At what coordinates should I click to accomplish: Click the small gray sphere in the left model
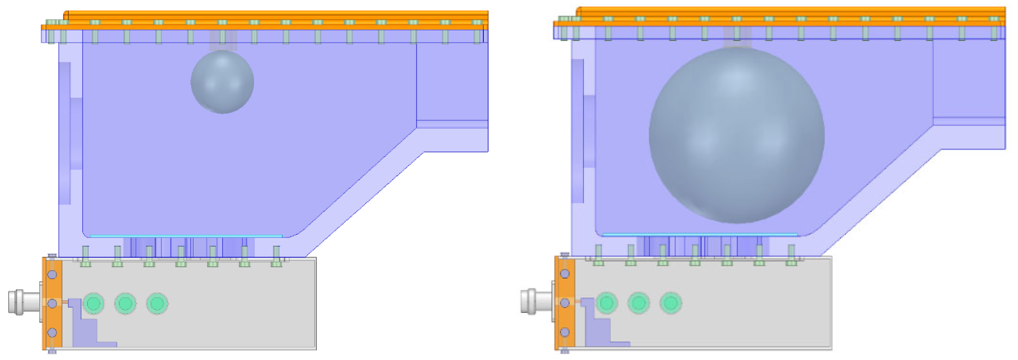tap(222, 82)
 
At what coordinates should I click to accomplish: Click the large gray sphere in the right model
tap(737, 135)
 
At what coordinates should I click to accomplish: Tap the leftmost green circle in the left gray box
tap(94, 303)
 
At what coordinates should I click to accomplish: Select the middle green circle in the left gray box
tap(125, 303)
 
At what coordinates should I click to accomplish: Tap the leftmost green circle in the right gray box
tap(607, 303)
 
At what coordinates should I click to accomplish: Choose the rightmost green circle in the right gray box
tap(670, 303)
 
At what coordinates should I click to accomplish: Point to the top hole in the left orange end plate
tap(52, 274)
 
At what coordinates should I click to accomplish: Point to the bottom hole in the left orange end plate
tap(52, 332)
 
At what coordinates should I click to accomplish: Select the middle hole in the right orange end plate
tap(565, 303)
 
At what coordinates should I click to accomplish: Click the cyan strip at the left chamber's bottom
tap(186, 236)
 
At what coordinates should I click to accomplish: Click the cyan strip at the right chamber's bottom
tap(700, 235)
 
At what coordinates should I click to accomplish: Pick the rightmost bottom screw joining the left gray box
tap(276, 257)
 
